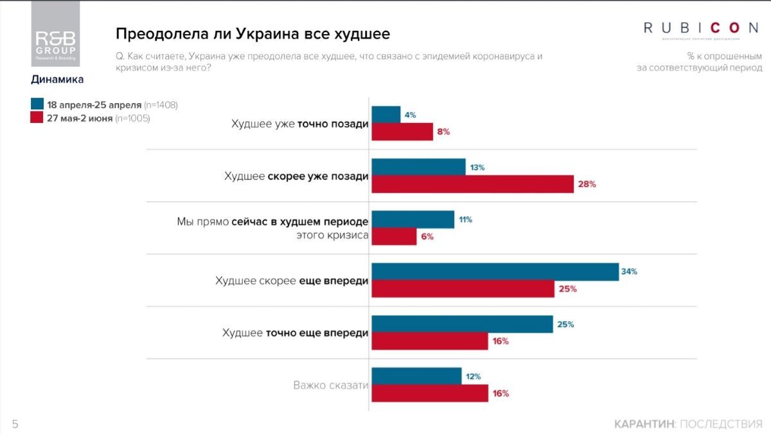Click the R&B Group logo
[55, 34]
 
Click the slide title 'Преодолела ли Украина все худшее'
[253, 33]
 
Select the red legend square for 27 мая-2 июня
[37, 118]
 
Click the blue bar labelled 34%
[495, 272]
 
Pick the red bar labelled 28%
[472, 184]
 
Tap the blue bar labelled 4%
[386, 115]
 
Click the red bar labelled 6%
[394, 236]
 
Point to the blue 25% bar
[462, 324]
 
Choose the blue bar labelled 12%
[416, 376]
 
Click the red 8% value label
[443, 132]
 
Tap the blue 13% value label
[477, 167]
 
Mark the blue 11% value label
[465, 219]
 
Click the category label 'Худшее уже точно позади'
[300, 124]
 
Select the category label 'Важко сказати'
[331, 385]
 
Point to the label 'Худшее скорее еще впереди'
[292, 281]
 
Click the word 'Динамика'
[57, 80]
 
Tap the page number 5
[15, 424]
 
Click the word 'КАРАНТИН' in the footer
[644, 424]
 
